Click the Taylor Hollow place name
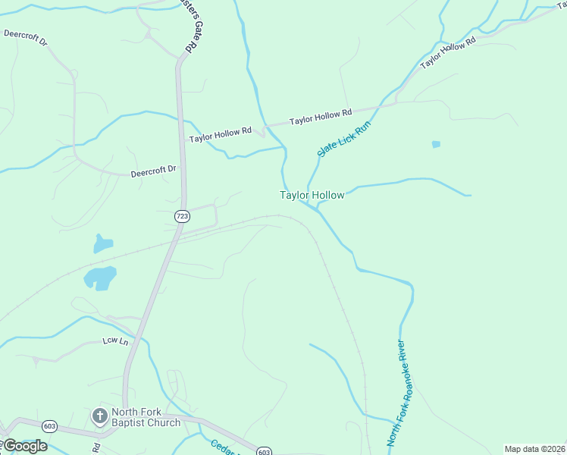point(312,195)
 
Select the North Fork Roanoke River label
point(399,393)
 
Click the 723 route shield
point(181,216)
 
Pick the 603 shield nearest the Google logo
point(50,425)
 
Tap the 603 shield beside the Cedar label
point(264,452)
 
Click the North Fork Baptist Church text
point(146,418)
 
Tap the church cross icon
point(99,416)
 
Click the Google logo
point(25,445)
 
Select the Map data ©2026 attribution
point(534,449)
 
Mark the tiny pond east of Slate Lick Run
point(436,143)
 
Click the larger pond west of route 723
point(100,278)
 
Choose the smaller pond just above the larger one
point(102,243)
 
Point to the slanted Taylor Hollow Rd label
point(447,52)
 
